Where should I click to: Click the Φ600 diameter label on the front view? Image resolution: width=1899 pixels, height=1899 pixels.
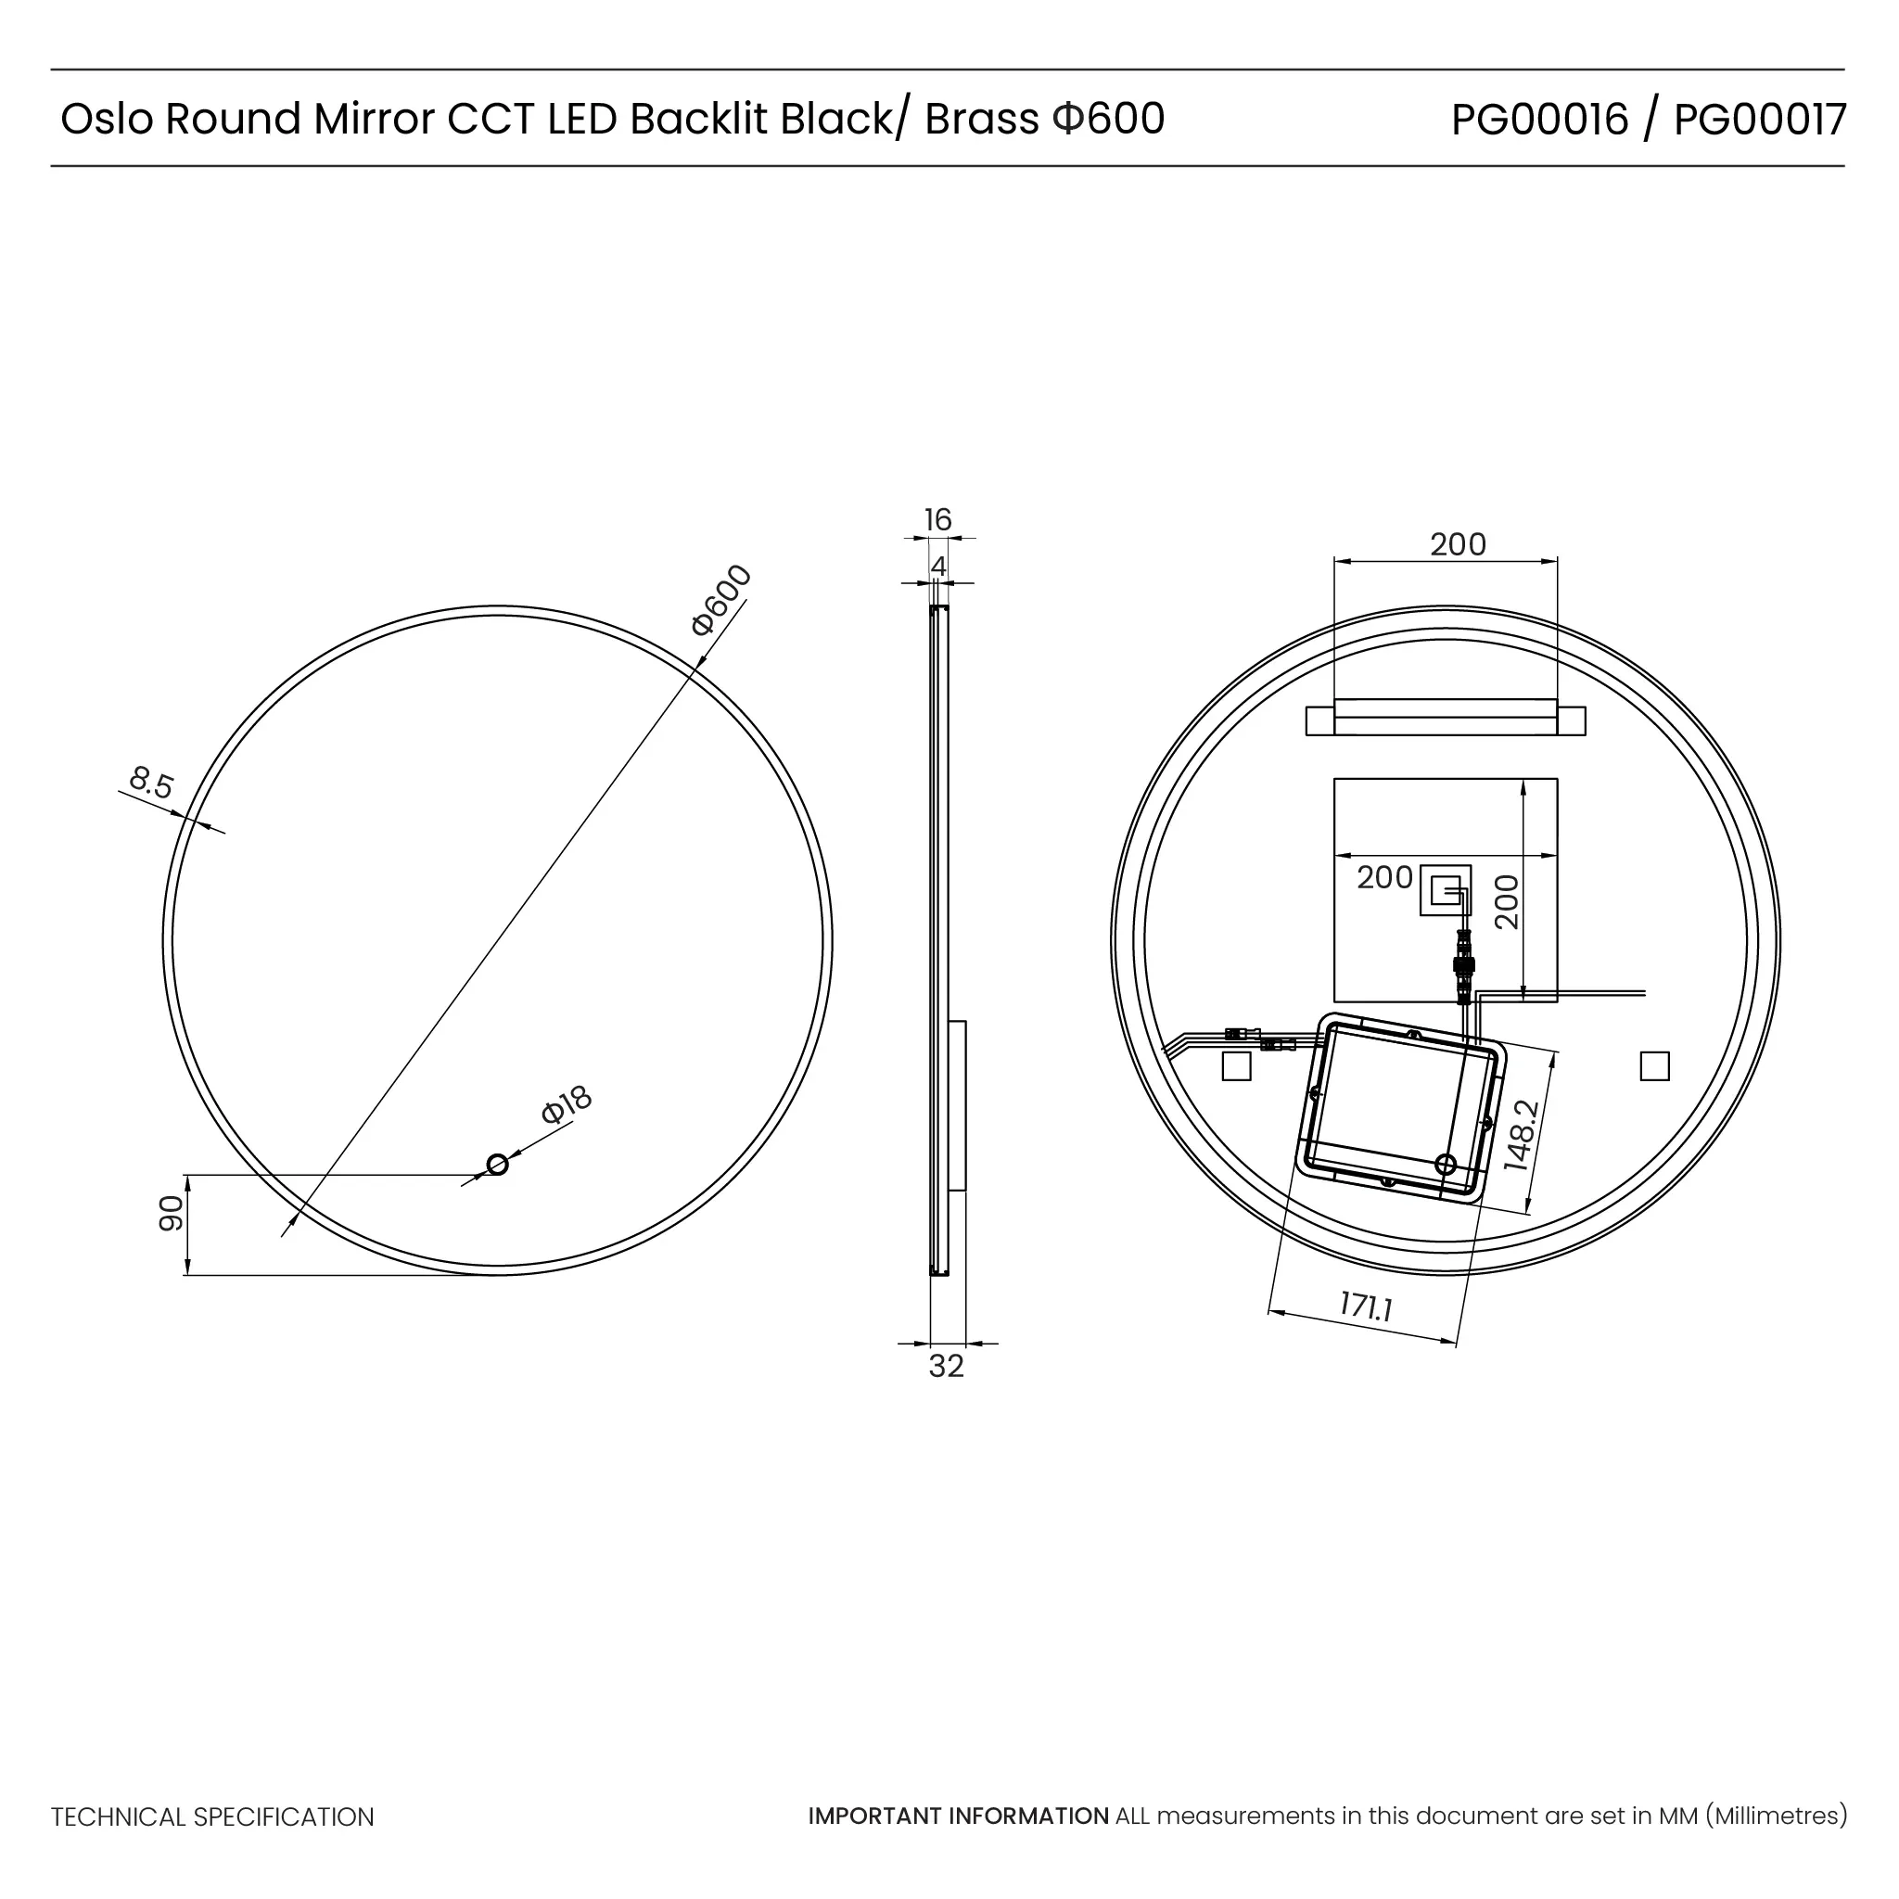point(721,600)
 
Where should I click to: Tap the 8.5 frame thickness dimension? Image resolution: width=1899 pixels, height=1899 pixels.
point(151,784)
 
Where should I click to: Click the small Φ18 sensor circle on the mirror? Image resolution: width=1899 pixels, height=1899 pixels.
point(497,1165)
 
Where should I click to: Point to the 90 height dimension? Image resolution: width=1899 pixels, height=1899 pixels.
point(171,1213)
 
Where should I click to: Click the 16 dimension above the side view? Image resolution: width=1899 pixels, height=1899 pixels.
point(937,519)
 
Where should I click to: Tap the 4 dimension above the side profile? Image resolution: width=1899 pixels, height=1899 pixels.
point(938,567)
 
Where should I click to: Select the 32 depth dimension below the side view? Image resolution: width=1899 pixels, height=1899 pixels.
point(947,1366)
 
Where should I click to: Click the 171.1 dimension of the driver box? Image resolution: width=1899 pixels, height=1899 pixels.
point(1366,1306)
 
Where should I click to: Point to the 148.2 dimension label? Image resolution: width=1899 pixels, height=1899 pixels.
point(1521,1135)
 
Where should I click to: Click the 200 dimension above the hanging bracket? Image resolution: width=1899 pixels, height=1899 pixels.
point(1458,544)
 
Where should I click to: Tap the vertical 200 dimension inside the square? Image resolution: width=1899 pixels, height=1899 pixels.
point(1506,902)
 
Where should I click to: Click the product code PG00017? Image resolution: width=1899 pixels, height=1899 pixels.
point(1761,120)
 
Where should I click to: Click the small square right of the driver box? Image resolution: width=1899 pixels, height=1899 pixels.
point(1655,1066)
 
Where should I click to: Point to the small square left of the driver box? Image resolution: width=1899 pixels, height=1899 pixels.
point(1237,1066)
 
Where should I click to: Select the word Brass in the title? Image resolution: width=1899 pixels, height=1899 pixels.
point(981,120)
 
